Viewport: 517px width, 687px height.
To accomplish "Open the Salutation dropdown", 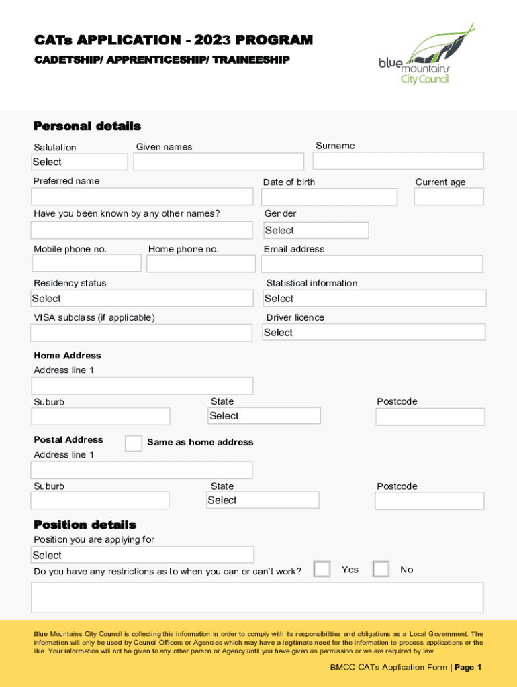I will [x=79, y=162].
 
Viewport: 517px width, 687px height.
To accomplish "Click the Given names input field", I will [x=218, y=162].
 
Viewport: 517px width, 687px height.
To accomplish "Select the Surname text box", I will [x=397, y=161].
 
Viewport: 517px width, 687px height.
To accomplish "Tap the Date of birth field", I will [x=329, y=197].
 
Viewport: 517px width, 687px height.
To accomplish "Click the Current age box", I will [x=449, y=197].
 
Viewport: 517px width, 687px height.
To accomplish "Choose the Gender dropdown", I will [x=315, y=230].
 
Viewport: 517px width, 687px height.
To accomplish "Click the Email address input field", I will [x=372, y=264].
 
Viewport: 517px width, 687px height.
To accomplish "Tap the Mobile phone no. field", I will [x=86, y=264].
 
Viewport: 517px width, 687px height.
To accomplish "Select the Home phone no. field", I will [x=200, y=264].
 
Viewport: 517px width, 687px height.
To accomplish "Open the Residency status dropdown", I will [x=142, y=299].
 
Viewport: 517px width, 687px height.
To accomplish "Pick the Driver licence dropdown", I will [x=373, y=332].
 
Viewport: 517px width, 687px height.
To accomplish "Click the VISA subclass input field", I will [x=142, y=333].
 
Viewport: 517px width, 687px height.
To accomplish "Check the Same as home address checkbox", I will [x=134, y=443].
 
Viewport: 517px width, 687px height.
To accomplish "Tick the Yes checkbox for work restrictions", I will [x=322, y=569].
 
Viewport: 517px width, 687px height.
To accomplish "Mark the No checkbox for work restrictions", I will [x=381, y=569].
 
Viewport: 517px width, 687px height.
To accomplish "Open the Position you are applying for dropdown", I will [x=142, y=555].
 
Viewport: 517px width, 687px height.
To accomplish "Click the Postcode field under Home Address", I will [x=430, y=417].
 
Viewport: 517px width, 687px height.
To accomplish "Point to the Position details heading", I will [x=85, y=525].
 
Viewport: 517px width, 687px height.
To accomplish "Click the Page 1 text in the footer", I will [x=468, y=667].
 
